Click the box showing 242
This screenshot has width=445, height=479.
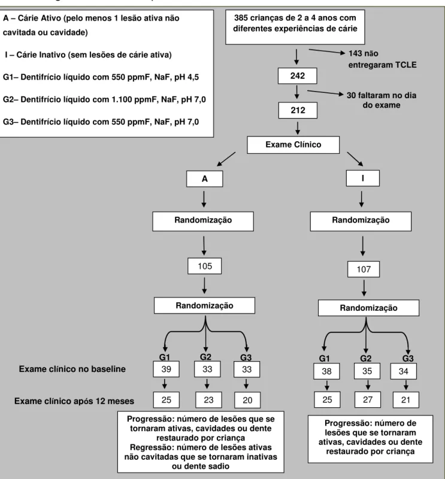pos(298,76)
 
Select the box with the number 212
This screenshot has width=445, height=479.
pos(298,110)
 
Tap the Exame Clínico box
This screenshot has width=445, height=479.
pos(293,145)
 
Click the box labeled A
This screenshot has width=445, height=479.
pos(204,178)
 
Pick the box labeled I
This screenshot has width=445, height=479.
pos(363,178)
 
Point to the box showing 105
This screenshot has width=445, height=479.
pos(204,266)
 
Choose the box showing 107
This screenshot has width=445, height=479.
pos(364,269)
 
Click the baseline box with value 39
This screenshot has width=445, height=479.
pos(167,369)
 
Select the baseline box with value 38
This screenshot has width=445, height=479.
pos(326,371)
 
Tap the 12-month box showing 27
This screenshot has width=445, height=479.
pos(368,399)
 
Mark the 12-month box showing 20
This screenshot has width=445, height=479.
pos(247,400)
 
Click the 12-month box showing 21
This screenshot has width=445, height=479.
pos(405,400)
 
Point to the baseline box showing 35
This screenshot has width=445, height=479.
pos(367,371)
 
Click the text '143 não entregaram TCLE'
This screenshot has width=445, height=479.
pos(382,59)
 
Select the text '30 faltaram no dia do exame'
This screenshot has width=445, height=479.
pos(382,100)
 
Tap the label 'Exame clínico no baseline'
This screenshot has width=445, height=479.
pos(72,369)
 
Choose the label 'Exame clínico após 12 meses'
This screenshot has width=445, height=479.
pos(74,401)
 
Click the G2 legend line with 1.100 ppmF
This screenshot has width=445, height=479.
pos(104,99)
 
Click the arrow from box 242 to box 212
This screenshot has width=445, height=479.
pos(297,92)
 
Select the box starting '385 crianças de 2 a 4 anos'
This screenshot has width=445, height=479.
pos(295,27)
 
